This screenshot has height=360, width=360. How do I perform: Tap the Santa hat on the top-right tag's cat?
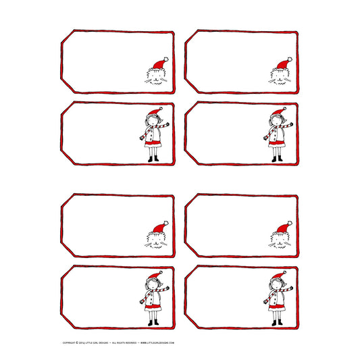point(280,64)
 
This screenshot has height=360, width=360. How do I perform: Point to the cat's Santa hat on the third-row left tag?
point(157,228)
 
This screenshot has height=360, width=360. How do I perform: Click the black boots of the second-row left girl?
point(153,159)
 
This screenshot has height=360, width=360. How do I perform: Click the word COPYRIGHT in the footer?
point(70,343)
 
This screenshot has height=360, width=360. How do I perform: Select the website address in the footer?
point(157,343)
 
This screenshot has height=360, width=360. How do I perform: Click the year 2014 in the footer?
point(83,343)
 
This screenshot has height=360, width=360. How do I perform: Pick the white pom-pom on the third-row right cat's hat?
point(290,222)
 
